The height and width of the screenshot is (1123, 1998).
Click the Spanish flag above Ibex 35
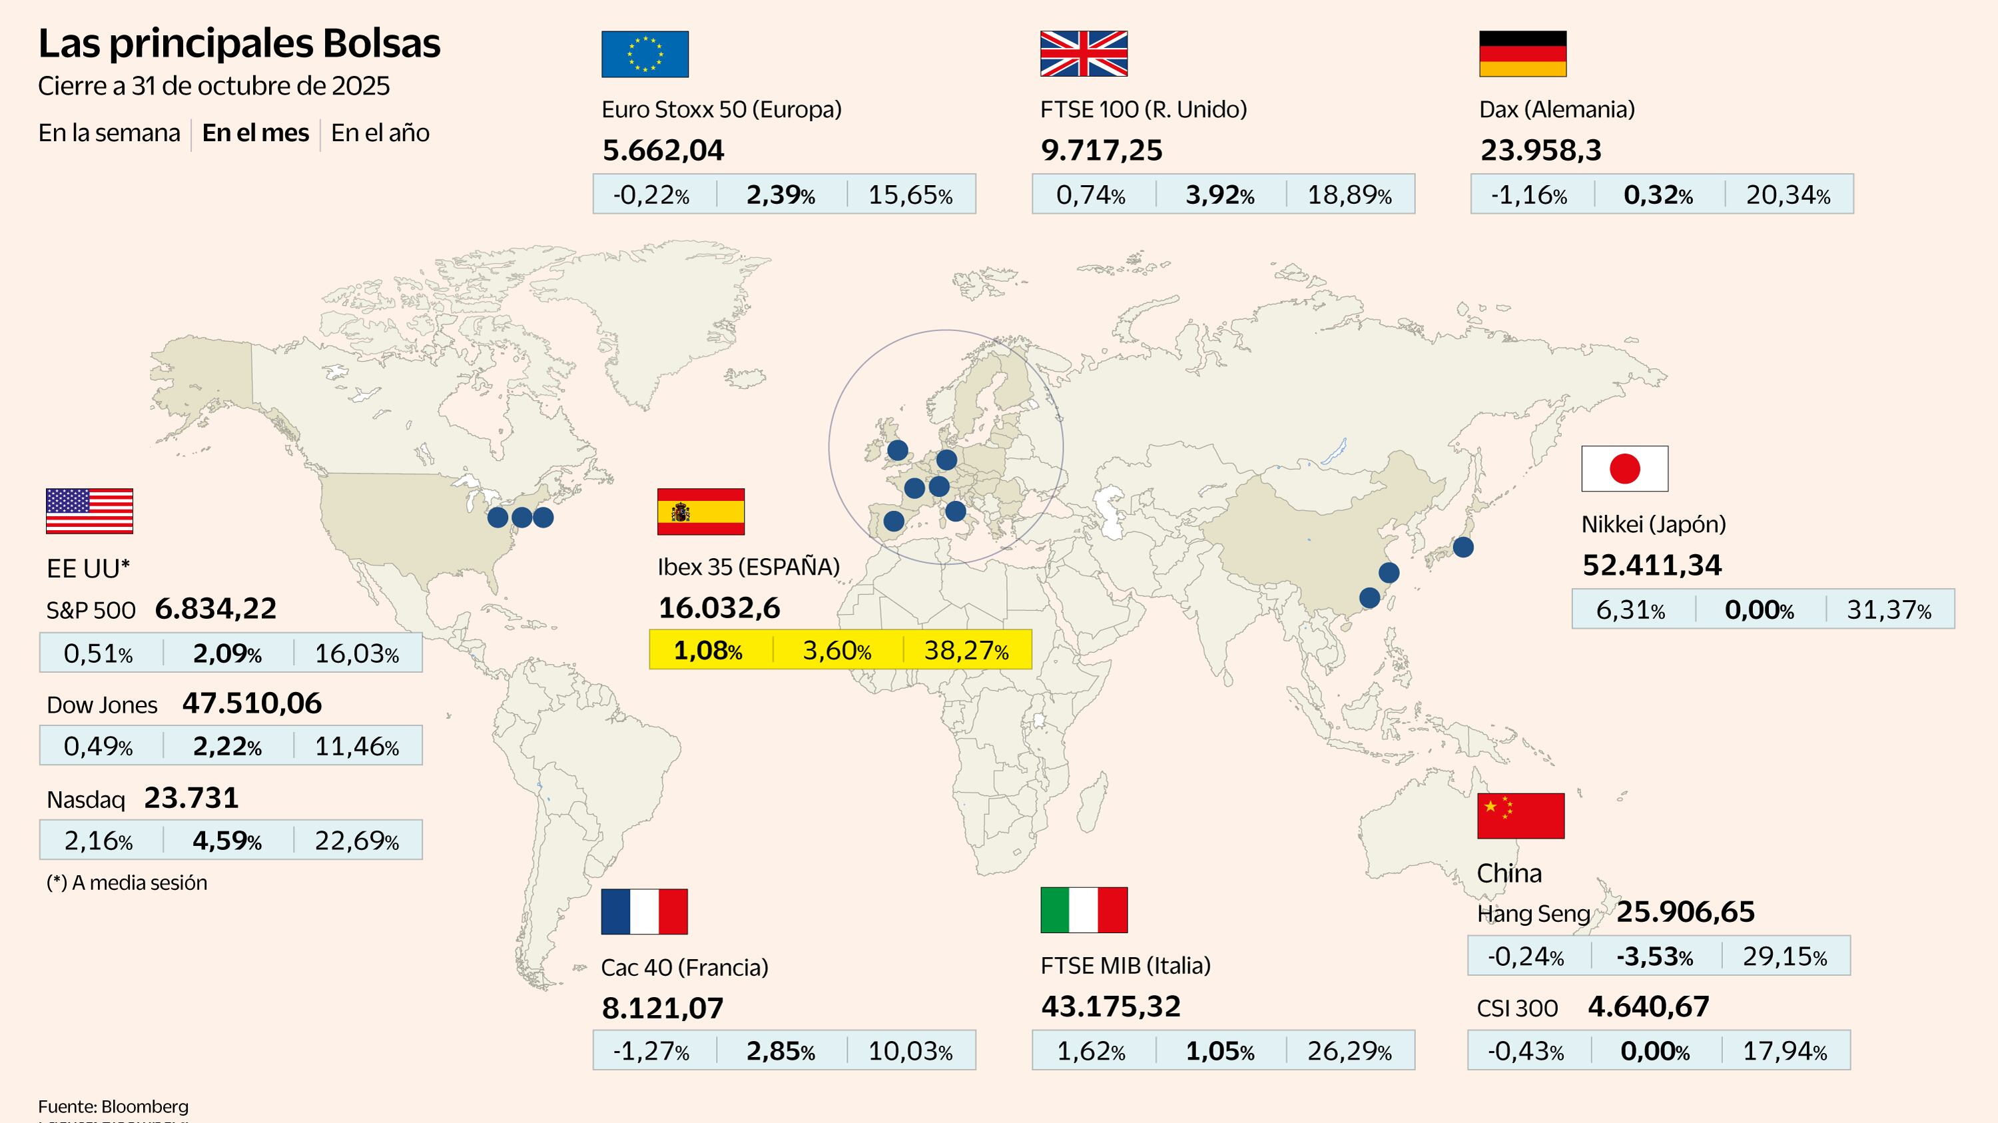pyautogui.click(x=701, y=512)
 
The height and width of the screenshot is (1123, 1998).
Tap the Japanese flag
pyautogui.click(x=1624, y=468)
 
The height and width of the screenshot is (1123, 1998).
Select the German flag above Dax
pyautogui.click(x=1522, y=53)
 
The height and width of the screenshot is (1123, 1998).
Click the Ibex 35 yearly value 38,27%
pyautogui.click(x=966, y=650)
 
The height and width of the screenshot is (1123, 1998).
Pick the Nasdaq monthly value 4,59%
pyautogui.click(x=226, y=840)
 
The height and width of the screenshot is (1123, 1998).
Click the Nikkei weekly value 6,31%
pyautogui.click(x=1630, y=609)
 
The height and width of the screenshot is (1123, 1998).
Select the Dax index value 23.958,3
pyautogui.click(x=1540, y=150)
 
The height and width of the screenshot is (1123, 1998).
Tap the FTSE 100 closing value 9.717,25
pyautogui.click(x=1102, y=150)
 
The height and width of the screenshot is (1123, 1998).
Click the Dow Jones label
pyautogui.click(x=102, y=705)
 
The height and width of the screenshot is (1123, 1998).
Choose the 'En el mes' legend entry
pyautogui.click(x=255, y=133)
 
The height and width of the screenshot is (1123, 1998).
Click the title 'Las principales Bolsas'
pyautogui.click(x=239, y=43)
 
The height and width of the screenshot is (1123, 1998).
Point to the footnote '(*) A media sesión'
pyautogui.click(x=127, y=883)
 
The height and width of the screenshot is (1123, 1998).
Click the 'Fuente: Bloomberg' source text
pyautogui.click(x=113, y=1106)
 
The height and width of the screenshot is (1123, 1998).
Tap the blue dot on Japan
pyautogui.click(x=1463, y=547)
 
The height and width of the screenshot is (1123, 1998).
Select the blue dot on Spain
pyautogui.click(x=894, y=521)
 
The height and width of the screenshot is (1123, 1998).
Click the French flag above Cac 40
pyautogui.click(x=644, y=911)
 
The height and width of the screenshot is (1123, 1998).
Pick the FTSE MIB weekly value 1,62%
pyautogui.click(x=1090, y=1051)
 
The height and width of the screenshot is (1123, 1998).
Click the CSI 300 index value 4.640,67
pyautogui.click(x=1648, y=1006)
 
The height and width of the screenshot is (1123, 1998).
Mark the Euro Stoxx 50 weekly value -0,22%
pyautogui.click(x=651, y=194)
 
